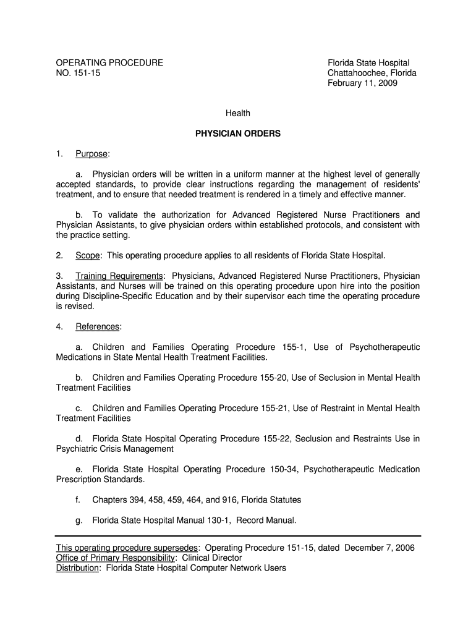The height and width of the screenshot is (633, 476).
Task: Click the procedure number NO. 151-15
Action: pos(78,73)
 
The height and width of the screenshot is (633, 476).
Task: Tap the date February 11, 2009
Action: pos(362,83)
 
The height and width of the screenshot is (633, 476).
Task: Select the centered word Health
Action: pos(238,113)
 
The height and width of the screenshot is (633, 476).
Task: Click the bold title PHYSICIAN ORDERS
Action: pos(238,133)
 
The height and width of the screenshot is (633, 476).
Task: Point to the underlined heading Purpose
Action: pos(91,153)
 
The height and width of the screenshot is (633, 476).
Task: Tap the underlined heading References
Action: pos(98,326)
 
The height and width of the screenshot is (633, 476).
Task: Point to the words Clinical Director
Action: pos(212,558)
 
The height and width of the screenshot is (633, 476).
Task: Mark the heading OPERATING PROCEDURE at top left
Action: pos(109,63)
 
